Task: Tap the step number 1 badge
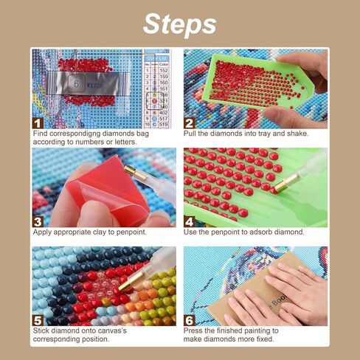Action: [38, 122]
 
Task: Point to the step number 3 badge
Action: [38, 220]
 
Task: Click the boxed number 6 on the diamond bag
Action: [75, 84]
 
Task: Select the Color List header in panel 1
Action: [157, 58]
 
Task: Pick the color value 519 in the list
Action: [164, 124]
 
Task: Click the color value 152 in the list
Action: [164, 71]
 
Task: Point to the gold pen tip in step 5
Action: [138, 281]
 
